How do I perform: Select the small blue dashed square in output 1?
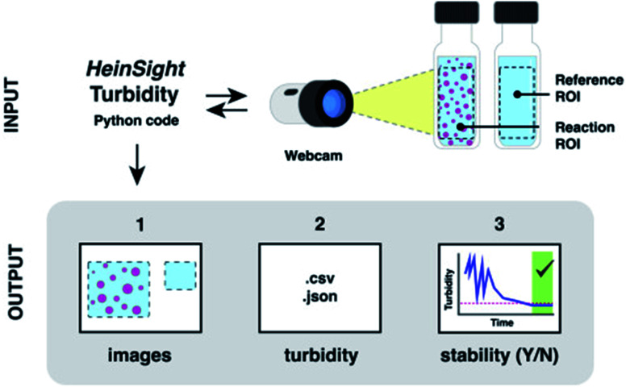180,277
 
